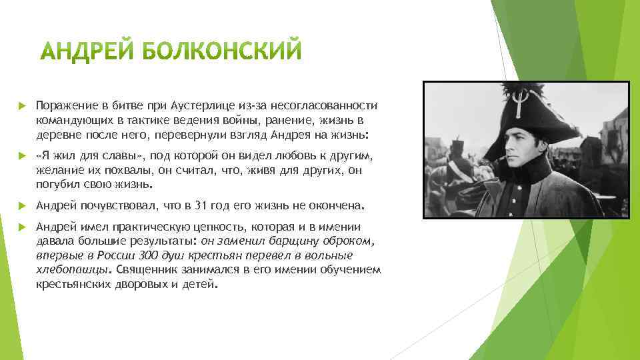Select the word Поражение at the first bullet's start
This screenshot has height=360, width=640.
(x=62, y=107)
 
